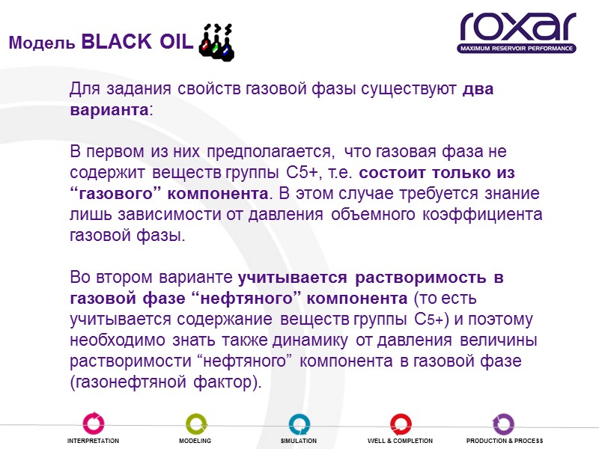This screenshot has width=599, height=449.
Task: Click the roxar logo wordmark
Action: click(517, 27)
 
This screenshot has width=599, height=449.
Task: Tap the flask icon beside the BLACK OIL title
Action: click(216, 42)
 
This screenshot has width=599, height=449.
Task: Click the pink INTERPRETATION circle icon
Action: click(93, 424)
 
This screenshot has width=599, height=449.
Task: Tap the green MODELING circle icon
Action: click(195, 424)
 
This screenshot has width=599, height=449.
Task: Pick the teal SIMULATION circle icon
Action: click(299, 424)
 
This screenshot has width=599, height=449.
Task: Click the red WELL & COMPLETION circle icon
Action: click(401, 424)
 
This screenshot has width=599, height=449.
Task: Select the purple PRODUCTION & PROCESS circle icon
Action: click(504, 424)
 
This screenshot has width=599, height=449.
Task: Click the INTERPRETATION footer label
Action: click(93, 442)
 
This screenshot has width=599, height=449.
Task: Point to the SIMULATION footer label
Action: click(299, 442)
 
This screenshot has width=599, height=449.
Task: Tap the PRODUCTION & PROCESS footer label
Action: click(504, 442)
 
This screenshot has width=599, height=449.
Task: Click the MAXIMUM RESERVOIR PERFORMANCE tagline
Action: click(517, 49)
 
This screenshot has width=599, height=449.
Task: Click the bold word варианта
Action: click(109, 109)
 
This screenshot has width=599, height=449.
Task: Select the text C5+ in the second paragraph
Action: click(305, 173)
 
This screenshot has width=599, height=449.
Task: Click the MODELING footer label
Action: click(195, 442)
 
